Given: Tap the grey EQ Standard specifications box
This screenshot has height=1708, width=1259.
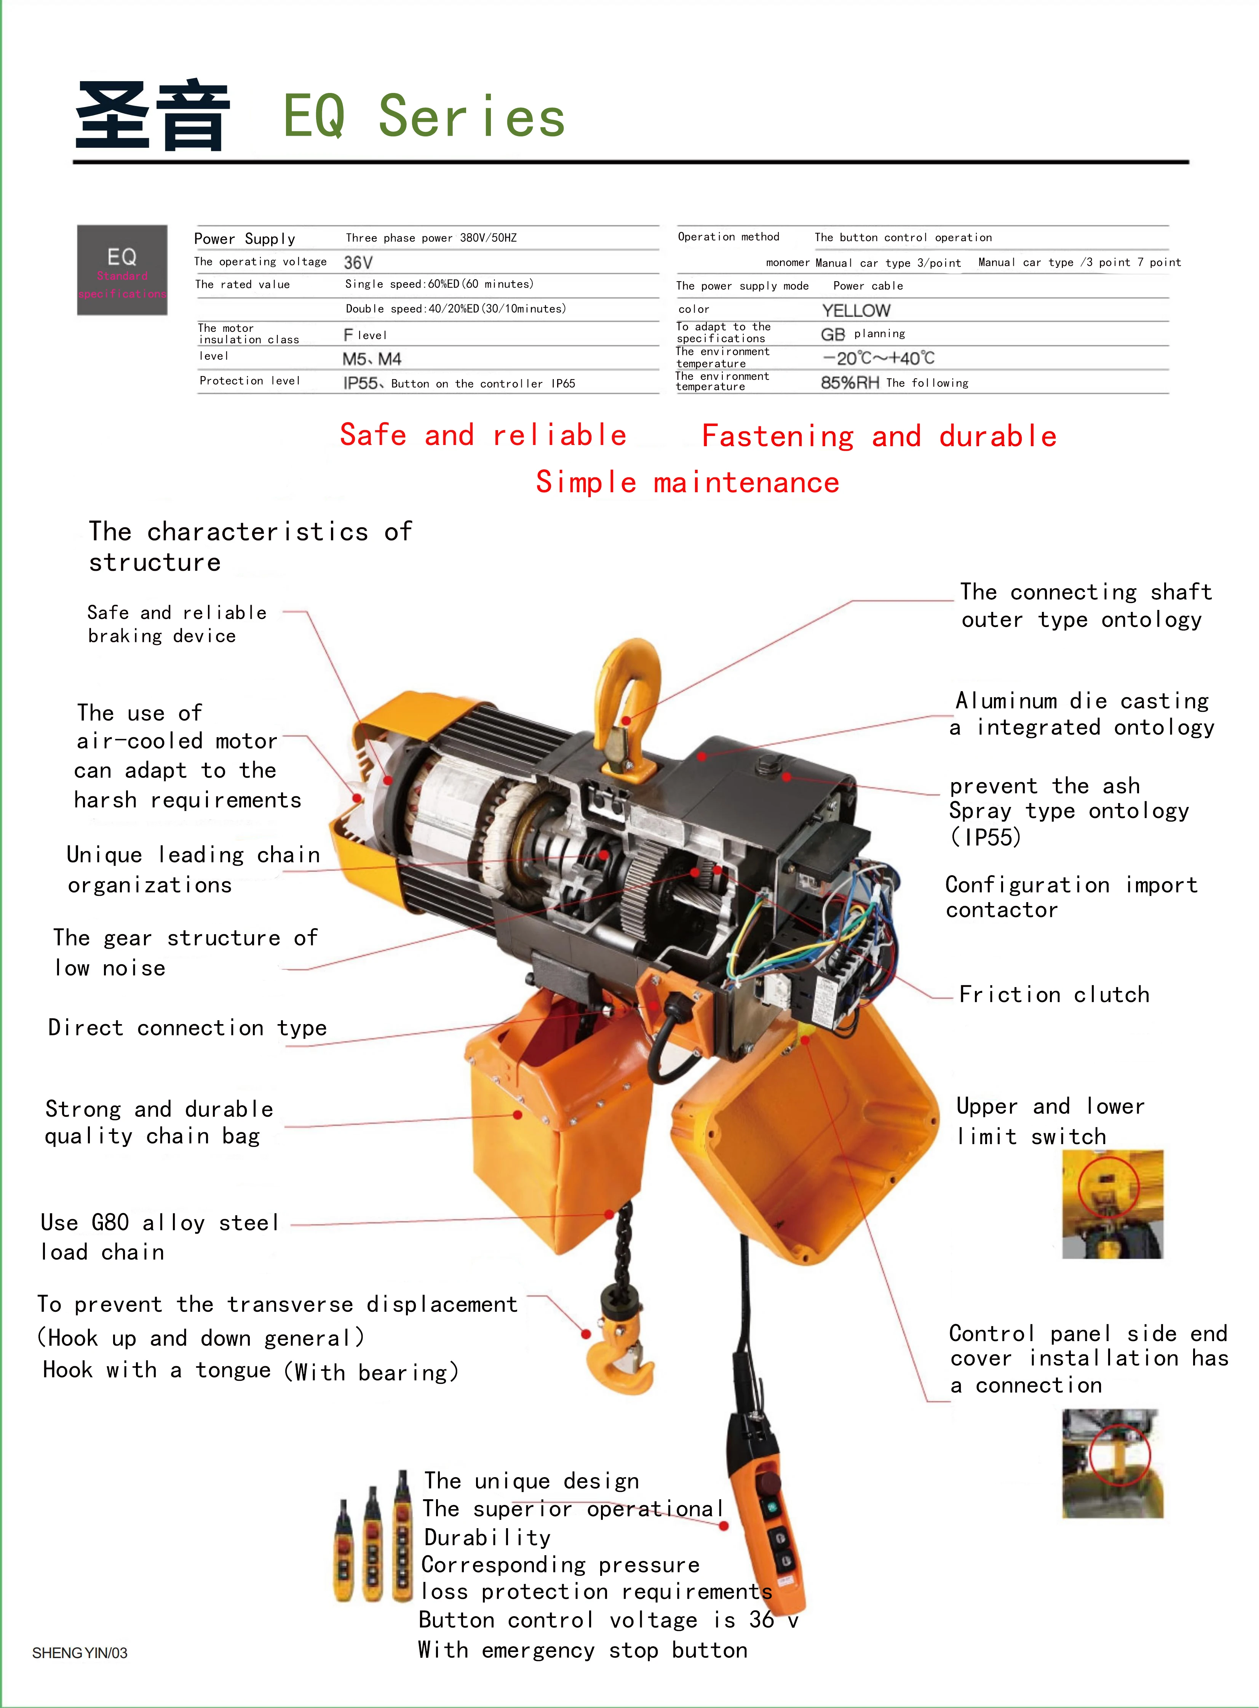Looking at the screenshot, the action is coord(122,270).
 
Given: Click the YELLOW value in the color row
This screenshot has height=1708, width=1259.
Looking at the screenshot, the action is coord(856,311).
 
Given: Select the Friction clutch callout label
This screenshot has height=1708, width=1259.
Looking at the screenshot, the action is coord(1054,994).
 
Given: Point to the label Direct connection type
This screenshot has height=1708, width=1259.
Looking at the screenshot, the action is coord(187,1028).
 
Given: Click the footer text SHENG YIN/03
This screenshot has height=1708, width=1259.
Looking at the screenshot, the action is coord(80,1653).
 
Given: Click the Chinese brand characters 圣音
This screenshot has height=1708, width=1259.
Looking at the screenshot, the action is coord(152,116).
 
